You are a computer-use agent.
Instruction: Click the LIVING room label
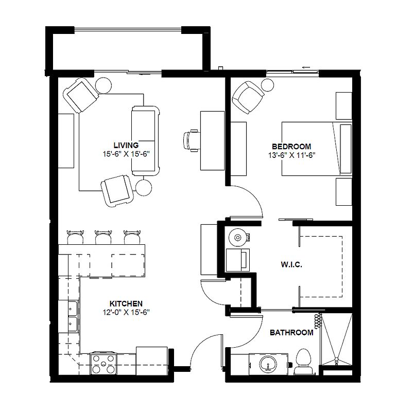tap(126, 146)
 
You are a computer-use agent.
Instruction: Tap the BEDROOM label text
tap(291, 147)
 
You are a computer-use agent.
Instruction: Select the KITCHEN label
tap(126, 303)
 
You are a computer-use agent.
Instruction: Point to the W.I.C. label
tap(291, 265)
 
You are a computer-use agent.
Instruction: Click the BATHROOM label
tap(291, 332)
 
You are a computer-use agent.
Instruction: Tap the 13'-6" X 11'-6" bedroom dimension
tap(291, 155)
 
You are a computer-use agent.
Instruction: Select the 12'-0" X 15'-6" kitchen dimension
tap(126, 312)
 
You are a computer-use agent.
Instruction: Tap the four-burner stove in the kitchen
tap(103, 364)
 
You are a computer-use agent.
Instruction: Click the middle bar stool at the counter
tap(103, 237)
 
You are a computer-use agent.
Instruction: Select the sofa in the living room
tap(146, 141)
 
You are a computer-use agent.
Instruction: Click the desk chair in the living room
tap(191, 140)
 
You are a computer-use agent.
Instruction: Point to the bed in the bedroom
tap(317, 149)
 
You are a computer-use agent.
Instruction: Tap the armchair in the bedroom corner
tap(248, 97)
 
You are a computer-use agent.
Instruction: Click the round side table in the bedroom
tap(267, 85)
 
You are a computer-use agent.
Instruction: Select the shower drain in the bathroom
tap(336, 360)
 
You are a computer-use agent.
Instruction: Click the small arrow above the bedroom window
tap(306, 67)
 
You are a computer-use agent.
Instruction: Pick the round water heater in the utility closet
tap(237, 237)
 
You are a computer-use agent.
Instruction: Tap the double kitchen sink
tap(73, 316)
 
